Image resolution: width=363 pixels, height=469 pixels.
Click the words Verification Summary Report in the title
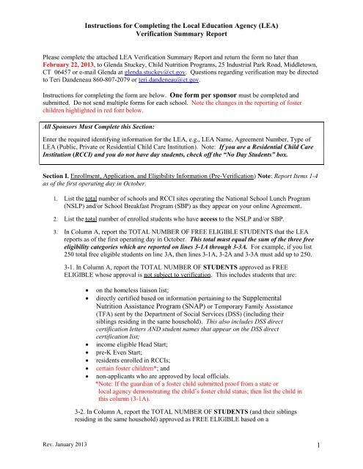click(180, 34)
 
